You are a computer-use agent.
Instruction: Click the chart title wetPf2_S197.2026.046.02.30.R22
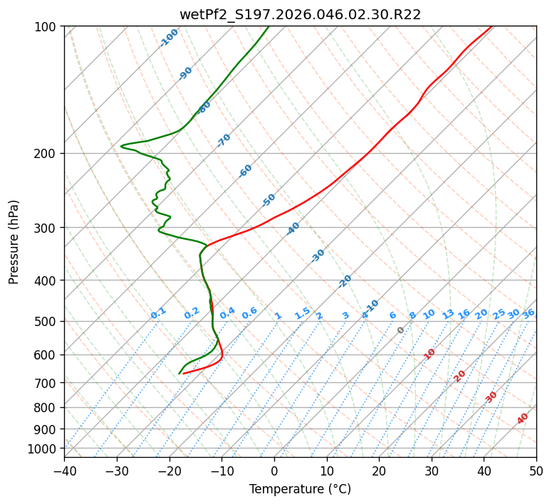pyautogui.click(x=300, y=14)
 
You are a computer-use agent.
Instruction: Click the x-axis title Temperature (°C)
pyautogui.click(x=300, y=490)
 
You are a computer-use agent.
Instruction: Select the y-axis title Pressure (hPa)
pyautogui.click(x=14, y=242)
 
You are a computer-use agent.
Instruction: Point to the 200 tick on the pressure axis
pyautogui.click(x=47, y=154)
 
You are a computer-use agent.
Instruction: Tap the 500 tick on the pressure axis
pyautogui.click(x=47, y=322)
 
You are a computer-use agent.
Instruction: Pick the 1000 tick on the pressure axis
pyautogui.click(x=44, y=448)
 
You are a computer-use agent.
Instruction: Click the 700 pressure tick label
pyautogui.click(x=47, y=383)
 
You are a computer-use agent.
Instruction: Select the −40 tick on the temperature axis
pyautogui.click(x=64, y=471)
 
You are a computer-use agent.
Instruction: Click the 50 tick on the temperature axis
pyautogui.click(x=536, y=471)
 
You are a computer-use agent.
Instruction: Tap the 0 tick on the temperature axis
pyautogui.click(x=274, y=471)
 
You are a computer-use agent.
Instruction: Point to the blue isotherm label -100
pyautogui.click(x=169, y=38)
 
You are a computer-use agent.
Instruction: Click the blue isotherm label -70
pyautogui.click(x=224, y=140)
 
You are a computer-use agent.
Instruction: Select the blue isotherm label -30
pyautogui.click(x=318, y=256)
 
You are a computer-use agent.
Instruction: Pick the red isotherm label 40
pyautogui.click(x=523, y=419)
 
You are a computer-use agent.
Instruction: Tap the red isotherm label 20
pyautogui.click(x=460, y=376)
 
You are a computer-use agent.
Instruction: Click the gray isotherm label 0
pyautogui.click(x=400, y=330)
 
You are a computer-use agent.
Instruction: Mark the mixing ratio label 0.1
pyautogui.click(x=158, y=313)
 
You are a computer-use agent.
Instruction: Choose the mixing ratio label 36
pyautogui.click(x=528, y=313)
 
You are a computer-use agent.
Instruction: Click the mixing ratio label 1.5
pyautogui.click(x=302, y=313)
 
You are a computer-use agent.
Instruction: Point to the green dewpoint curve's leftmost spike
pyautogui.click(x=122, y=146)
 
